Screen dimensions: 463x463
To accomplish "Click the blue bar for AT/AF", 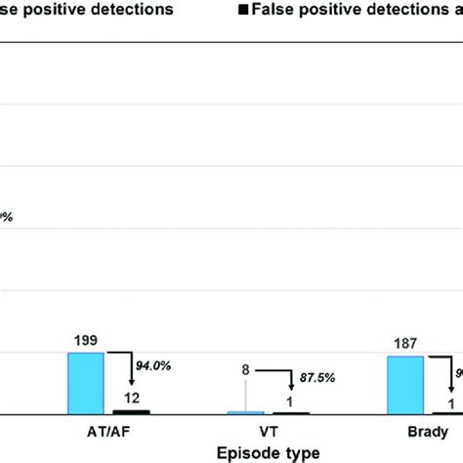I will point(85,383).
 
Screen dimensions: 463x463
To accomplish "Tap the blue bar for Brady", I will point(405,385).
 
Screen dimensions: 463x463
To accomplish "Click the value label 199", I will point(85,342).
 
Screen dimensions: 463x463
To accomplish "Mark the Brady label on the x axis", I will point(429,431).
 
